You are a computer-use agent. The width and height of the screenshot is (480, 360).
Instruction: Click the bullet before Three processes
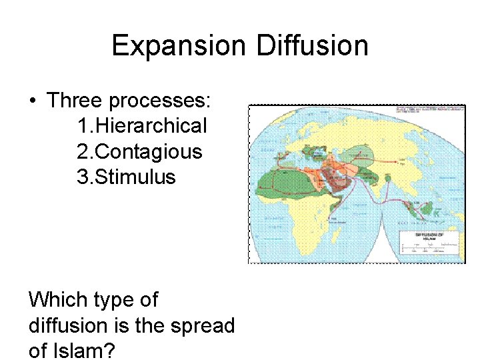33,101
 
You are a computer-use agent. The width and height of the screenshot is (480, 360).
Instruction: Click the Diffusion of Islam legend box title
429,236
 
